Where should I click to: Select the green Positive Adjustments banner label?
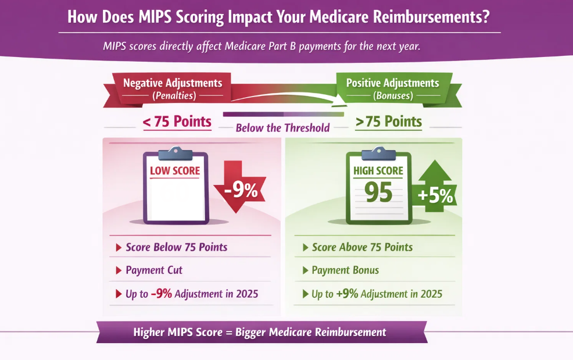[x=392, y=83]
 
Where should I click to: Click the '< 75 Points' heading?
[x=177, y=122]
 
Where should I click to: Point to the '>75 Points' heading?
[x=389, y=122]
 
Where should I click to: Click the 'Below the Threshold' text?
[x=282, y=128]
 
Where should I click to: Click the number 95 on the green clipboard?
[x=378, y=193]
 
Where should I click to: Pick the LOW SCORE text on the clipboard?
[x=175, y=171]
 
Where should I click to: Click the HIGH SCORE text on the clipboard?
[x=378, y=172]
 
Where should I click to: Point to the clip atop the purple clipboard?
[x=175, y=154]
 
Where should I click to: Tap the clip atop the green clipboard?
[x=378, y=154]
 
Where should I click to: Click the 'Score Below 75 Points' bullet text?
[x=177, y=247]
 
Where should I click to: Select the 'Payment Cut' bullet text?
[x=154, y=270]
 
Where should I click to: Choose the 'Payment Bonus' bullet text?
[x=345, y=270]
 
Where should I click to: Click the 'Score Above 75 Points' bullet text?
[x=362, y=247]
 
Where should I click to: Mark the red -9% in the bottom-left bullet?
[x=161, y=294]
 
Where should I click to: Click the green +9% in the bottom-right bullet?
[x=347, y=294]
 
